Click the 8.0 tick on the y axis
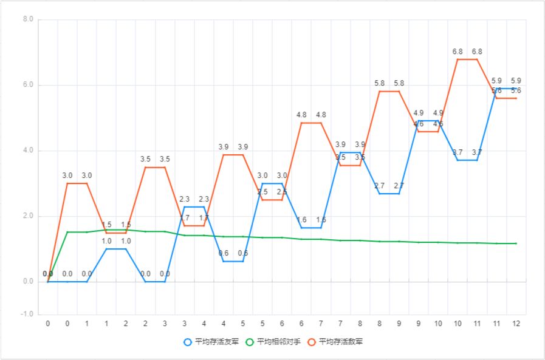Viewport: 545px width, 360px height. click(28, 19)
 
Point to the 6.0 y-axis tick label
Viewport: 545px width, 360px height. click(28, 85)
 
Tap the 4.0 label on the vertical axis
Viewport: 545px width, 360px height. click(28, 151)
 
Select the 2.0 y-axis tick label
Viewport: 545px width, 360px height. click(28, 216)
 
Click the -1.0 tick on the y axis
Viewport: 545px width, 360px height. click(27, 314)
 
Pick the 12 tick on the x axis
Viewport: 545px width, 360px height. click(516, 323)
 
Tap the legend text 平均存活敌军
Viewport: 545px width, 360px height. click(341, 342)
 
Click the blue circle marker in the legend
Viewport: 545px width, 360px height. click(188, 342)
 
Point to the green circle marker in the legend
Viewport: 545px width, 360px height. click(250, 342)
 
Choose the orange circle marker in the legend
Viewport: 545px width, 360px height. click(312, 342)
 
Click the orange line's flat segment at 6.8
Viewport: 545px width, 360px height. click(467, 59)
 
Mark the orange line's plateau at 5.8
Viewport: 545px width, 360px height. click(389, 91)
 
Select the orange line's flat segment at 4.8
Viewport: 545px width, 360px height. click(311, 123)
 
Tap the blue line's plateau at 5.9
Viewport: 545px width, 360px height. click(506, 88)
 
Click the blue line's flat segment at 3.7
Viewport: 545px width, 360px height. click(467, 160)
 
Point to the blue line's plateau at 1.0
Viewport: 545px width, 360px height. click(116, 248)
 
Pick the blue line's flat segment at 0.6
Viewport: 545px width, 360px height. click(233, 261)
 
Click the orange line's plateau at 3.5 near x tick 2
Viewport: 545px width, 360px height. click(155, 167)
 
